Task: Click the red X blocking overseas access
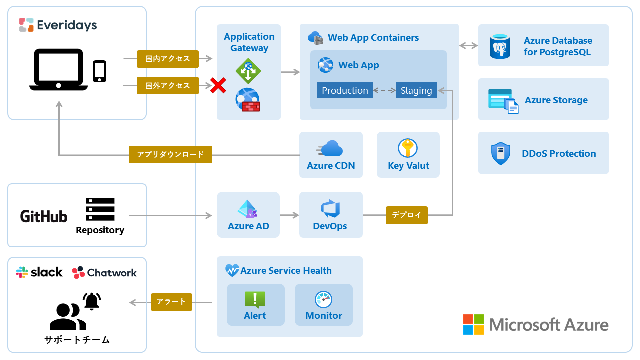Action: click(x=218, y=85)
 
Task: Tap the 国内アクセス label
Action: click(x=168, y=59)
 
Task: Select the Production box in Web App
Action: click(x=345, y=90)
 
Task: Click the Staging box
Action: click(x=416, y=90)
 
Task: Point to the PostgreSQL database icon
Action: click(x=500, y=47)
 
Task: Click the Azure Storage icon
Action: click(x=503, y=101)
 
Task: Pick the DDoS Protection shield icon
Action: click(x=500, y=153)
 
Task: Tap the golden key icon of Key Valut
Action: click(x=408, y=148)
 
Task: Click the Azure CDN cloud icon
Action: click(x=330, y=148)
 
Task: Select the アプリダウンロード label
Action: click(x=170, y=154)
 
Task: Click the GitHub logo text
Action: click(x=44, y=216)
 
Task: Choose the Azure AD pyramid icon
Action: click(x=248, y=209)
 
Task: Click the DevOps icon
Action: click(x=330, y=209)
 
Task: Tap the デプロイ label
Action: click(x=406, y=215)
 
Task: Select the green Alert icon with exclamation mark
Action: click(x=255, y=299)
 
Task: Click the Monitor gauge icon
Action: click(x=324, y=299)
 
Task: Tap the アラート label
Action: click(x=171, y=302)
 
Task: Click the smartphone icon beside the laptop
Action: click(x=100, y=71)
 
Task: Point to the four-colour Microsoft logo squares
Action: click(x=473, y=324)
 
